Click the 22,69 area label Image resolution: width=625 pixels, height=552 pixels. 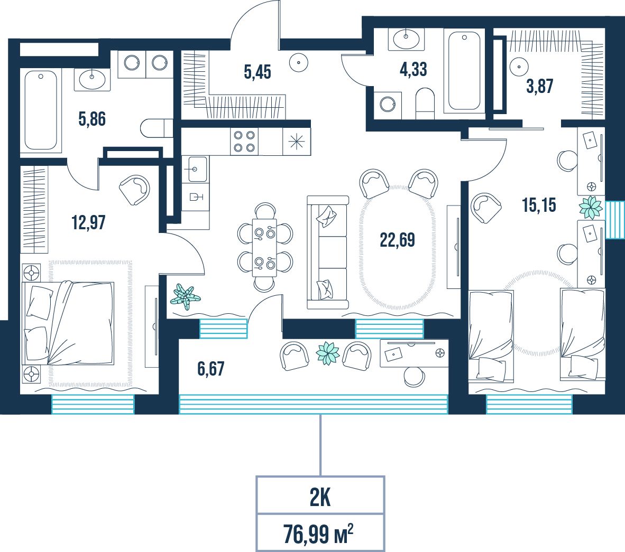pos(397,240)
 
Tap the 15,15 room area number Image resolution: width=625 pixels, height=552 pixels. pos(539,205)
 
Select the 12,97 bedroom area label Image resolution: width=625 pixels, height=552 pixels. pos(88,222)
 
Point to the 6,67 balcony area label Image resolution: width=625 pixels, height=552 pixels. pos(211,368)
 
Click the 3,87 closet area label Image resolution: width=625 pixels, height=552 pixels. pos(540,86)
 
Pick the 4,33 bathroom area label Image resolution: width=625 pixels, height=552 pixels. pos(413,69)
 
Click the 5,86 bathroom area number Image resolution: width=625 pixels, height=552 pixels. pos(92,119)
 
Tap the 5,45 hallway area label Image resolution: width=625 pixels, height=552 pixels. pos(258,72)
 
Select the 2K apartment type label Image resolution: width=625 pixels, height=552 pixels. pos(320,498)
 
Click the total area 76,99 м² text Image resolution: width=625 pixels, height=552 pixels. pos(318,534)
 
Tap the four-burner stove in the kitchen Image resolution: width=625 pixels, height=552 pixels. pos(244,142)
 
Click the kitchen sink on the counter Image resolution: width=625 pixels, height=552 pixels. pos(195,169)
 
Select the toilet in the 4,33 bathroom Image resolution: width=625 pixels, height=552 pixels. pos(425,103)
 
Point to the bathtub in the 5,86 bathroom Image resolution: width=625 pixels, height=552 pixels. pos(41,110)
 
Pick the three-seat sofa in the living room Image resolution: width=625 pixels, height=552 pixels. pos(328,252)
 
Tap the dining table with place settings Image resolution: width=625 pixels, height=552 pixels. pos(264,247)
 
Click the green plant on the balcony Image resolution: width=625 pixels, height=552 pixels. pos(328,353)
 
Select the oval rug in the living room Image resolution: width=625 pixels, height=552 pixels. pos(398,247)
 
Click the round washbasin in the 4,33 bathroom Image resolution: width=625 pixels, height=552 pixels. pos(406,38)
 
